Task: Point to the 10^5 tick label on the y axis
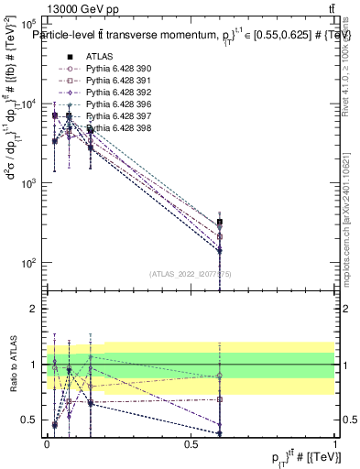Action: (x=27, y=25)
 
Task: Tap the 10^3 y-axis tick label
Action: (x=27, y=183)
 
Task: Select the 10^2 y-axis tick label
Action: (x=27, y=263)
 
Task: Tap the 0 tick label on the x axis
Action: (x=47, y=444)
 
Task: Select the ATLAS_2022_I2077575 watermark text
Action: (x=191, y=273)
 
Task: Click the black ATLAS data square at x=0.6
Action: (x=220, y=223)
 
